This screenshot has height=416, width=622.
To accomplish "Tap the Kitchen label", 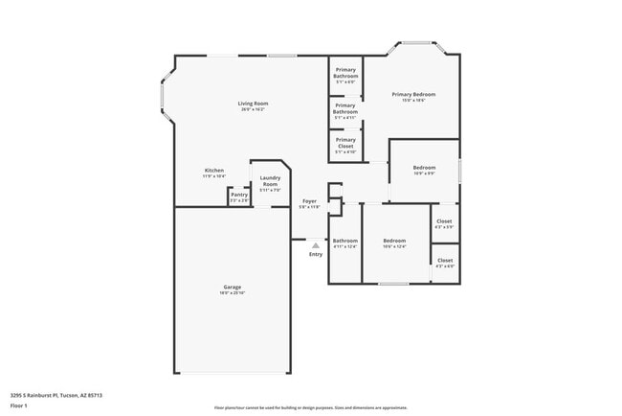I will point(213,173).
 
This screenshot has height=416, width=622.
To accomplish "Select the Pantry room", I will point(238,196).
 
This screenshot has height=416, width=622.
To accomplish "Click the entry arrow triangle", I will point(315,245).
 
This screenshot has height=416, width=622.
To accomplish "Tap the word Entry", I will point(315,254).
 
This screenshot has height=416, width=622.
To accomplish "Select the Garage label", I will point(232,289).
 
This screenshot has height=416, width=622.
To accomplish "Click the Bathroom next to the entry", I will point(344,243).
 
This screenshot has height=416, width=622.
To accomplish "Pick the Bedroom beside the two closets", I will point(394,243).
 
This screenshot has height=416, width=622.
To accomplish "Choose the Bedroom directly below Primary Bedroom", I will point(424,171).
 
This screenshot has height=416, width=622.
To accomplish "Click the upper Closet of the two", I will point(444,223).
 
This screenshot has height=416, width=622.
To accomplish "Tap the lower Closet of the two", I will point(445,263).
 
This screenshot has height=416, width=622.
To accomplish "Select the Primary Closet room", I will point(344,145).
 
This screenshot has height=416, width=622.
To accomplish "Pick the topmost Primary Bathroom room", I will point(345,77).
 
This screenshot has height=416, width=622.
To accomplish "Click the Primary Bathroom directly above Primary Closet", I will point(345,111).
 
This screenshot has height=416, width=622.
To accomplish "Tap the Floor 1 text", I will point(19,405).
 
